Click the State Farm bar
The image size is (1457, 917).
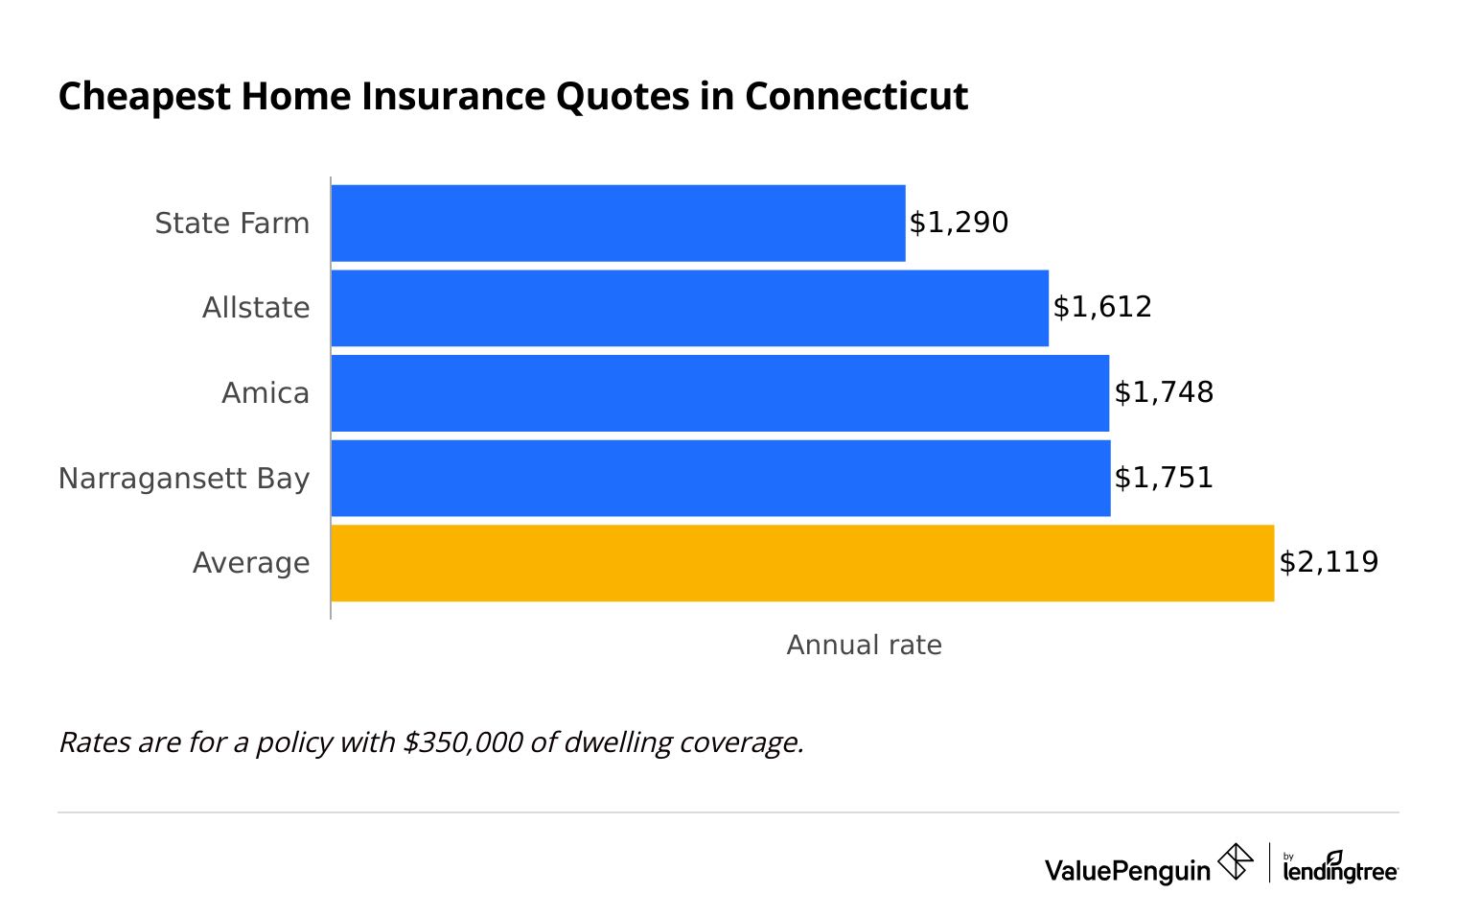point(618,223)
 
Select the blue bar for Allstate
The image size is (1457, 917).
point(690,308)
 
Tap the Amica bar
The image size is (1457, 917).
point(720,392)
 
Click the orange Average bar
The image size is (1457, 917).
point(802,563)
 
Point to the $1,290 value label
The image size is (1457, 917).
point(959,223)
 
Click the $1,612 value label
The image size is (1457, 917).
point(1102,307)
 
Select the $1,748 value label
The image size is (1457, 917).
point(1164,392)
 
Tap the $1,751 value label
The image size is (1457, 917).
point(1164,478)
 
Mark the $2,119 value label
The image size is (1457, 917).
point(1329,562)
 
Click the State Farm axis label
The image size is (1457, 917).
point(232,223)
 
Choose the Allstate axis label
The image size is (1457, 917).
point(256,308)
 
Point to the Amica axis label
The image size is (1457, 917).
point(266,393)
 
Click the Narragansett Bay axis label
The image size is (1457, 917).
point(184,478)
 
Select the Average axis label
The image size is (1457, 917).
point(251,563)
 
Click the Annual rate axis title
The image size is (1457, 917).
point(864,645)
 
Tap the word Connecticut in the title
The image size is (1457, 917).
point(856,97)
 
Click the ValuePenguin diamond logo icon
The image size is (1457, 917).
point(1236,861)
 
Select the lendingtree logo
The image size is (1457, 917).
point(1339,867)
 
